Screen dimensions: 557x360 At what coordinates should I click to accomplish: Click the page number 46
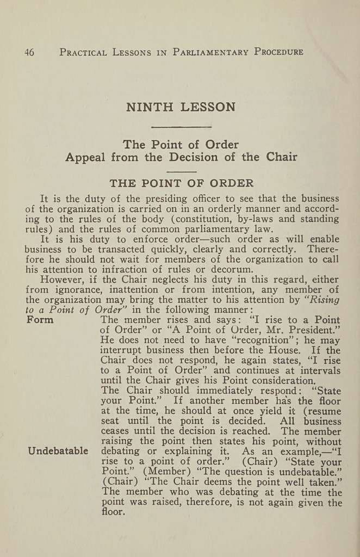(29, 52)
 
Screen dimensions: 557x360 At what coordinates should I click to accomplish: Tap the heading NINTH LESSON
(181, 107)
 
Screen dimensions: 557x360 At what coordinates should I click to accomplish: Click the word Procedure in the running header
(279, 52)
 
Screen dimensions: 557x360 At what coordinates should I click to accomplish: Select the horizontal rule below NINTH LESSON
(181, 127)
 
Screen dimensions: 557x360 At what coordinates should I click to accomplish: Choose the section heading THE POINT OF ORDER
(181, 183)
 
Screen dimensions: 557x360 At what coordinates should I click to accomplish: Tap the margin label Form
(40, 320)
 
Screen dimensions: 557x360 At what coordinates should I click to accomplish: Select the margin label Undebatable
(58, 451)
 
